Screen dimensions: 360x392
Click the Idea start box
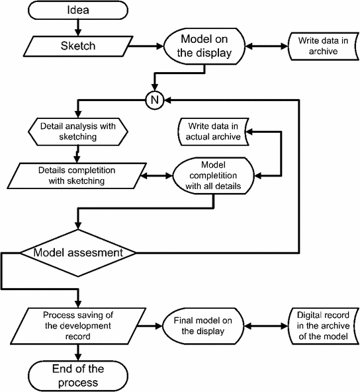(x=78, y=11)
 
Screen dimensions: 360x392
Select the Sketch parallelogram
(x=78, y=46)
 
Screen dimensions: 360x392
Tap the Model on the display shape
(x=204, y=46)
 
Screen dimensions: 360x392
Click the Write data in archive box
(x=324, y=46)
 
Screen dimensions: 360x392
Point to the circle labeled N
(x=155, y=100)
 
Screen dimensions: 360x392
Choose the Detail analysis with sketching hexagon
(x=78, y=132)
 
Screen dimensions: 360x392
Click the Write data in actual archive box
(x=213, y=132)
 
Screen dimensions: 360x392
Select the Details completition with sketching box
(x=77, y=176)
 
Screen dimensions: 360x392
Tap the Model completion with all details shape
(x=213, y=176)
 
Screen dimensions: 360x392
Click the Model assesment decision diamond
(x=78, y=253)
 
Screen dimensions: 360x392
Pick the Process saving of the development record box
(x=78, y=326)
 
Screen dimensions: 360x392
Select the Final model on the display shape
(x=203, y=326)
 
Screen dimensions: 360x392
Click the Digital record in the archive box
(x=324, y=326)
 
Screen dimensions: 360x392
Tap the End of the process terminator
(x=78, y=376)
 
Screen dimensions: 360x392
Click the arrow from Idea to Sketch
(x=78, y=28)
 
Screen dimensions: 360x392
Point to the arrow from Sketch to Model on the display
(x=146, y=46)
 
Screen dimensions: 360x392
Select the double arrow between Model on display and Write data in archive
(x=267, y=46)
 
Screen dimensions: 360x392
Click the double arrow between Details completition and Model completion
(x=156, y=176)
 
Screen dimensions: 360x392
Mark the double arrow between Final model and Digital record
(x=266, y=326)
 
